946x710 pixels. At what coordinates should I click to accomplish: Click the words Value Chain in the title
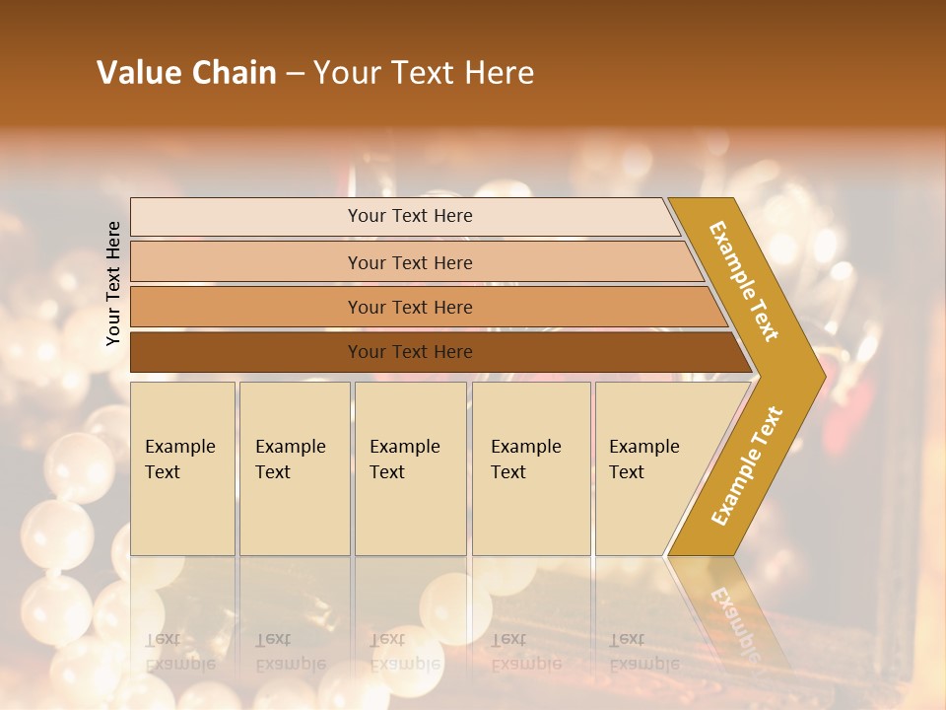(186, 73)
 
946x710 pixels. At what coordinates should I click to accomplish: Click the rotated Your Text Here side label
(114, 283)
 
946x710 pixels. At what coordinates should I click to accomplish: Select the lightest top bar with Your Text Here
(296, 217)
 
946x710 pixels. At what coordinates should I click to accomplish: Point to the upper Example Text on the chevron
(744, 281)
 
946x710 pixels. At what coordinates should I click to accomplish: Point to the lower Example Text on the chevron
(746, 466)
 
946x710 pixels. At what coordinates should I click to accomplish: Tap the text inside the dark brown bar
(410, 352)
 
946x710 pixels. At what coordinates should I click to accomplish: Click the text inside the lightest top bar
(410, 216)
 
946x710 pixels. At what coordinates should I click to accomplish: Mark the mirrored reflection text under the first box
(179, 651)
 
